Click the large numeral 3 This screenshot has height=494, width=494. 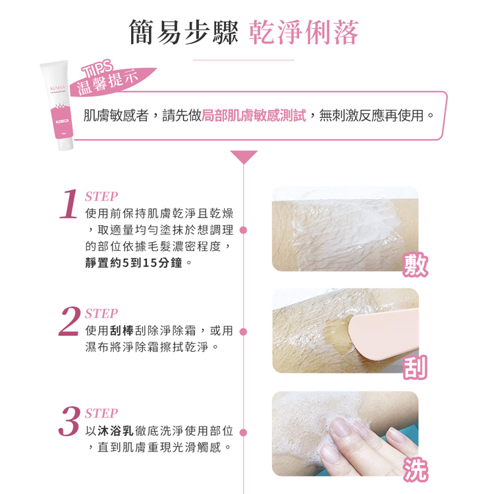click(x=70, y=422)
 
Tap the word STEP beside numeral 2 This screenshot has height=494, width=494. click(x=102, y=314)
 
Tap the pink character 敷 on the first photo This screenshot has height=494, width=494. click(x=416, y=263)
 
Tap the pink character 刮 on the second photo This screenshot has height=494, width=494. click(x=416, y=366)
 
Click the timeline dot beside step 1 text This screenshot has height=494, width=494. click(x=243, y=231)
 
